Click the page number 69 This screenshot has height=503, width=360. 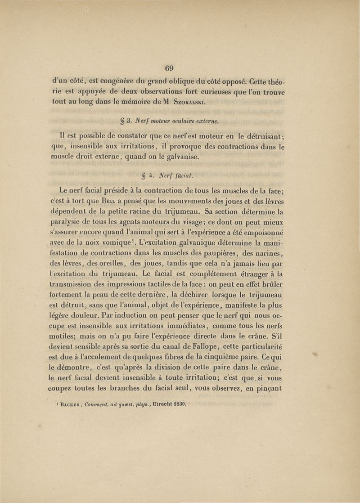coord(170,68)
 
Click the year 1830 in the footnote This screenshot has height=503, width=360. coord(177,404)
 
